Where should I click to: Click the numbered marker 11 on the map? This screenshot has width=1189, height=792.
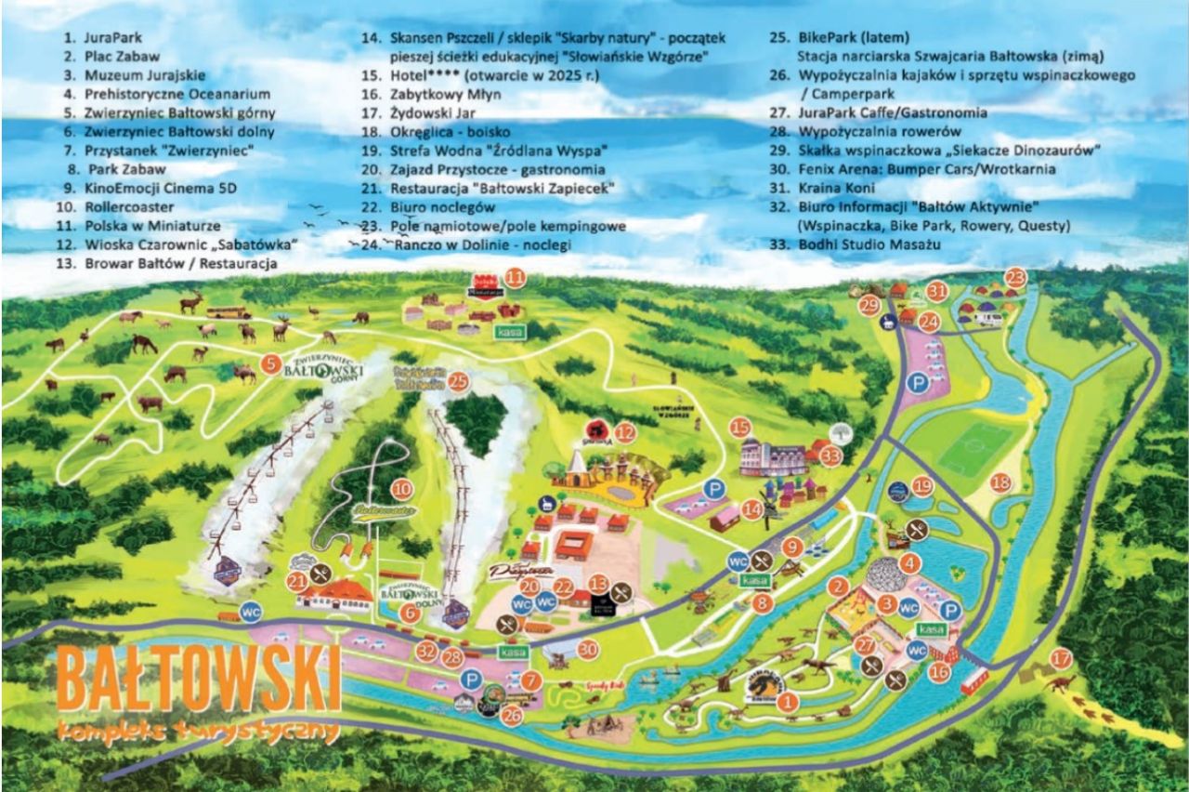point(515,277)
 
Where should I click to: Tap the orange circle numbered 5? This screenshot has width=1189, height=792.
point(270,364)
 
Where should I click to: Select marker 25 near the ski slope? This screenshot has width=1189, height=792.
point(457,380)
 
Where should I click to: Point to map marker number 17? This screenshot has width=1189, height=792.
point(1060,659)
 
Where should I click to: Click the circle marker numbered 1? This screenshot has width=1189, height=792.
point(788,703)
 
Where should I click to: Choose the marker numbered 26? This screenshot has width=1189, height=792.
point(512,715)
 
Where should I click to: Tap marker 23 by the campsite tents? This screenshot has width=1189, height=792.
point(1015,277)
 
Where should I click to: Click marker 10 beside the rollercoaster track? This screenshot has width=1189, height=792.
point(401,489)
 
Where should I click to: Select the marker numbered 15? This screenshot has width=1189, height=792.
point(739,428)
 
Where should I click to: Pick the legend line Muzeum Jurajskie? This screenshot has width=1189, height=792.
point(145,75)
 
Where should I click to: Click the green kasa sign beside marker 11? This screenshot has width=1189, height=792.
point(510,331)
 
